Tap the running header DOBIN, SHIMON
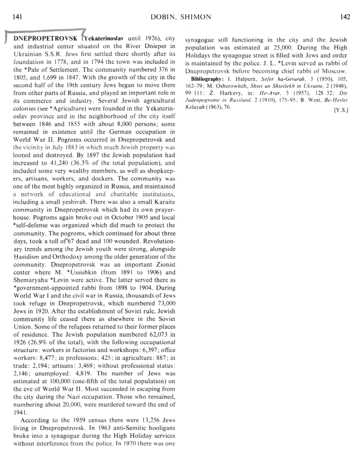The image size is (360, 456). pyautogui.click(x=180, y=17)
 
